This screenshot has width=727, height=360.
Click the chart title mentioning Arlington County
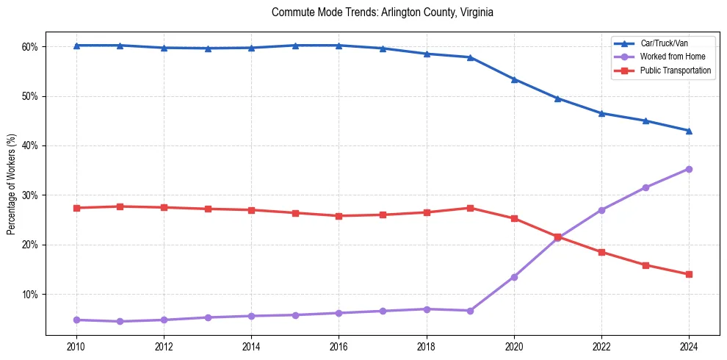coord(382,12)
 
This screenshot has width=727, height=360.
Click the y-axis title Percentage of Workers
coord(12,184)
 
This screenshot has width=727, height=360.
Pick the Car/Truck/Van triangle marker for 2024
coord(689,131)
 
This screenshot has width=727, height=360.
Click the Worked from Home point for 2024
coord(689,169)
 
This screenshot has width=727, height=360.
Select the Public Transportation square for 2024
coord(689,274)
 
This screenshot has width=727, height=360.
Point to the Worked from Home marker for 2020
coord(514,277)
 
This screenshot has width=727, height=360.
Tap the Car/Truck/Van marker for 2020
coord(514,79)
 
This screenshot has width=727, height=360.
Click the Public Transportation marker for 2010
coord(76,208)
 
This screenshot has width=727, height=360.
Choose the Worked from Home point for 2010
coord(76,320)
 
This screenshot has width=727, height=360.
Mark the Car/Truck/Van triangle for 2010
coord(76,46)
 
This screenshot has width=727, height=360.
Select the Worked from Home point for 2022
coord(601,210)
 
